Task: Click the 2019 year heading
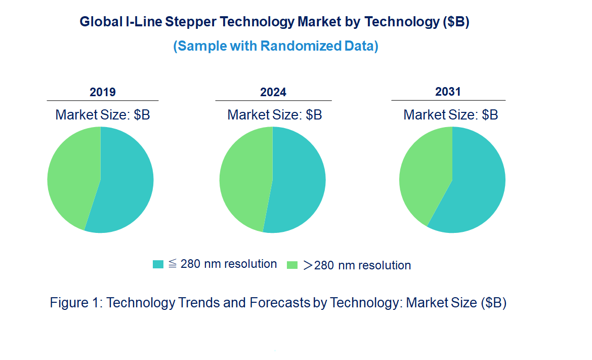(x=103, y=92)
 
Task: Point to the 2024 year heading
(x=273, y=92)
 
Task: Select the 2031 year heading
(x=448, y=92)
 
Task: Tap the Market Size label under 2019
(x=103, y=115)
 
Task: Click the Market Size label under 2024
(x=275, y=115)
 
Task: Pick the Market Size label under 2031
(x=450, y=115)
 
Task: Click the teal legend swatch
(x=158, y=264)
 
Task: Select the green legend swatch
(x=292, y=265)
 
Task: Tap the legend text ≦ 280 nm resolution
(x=223, y=264)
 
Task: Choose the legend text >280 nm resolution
(x=357, y=265)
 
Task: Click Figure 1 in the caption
(x=76, y=303)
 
